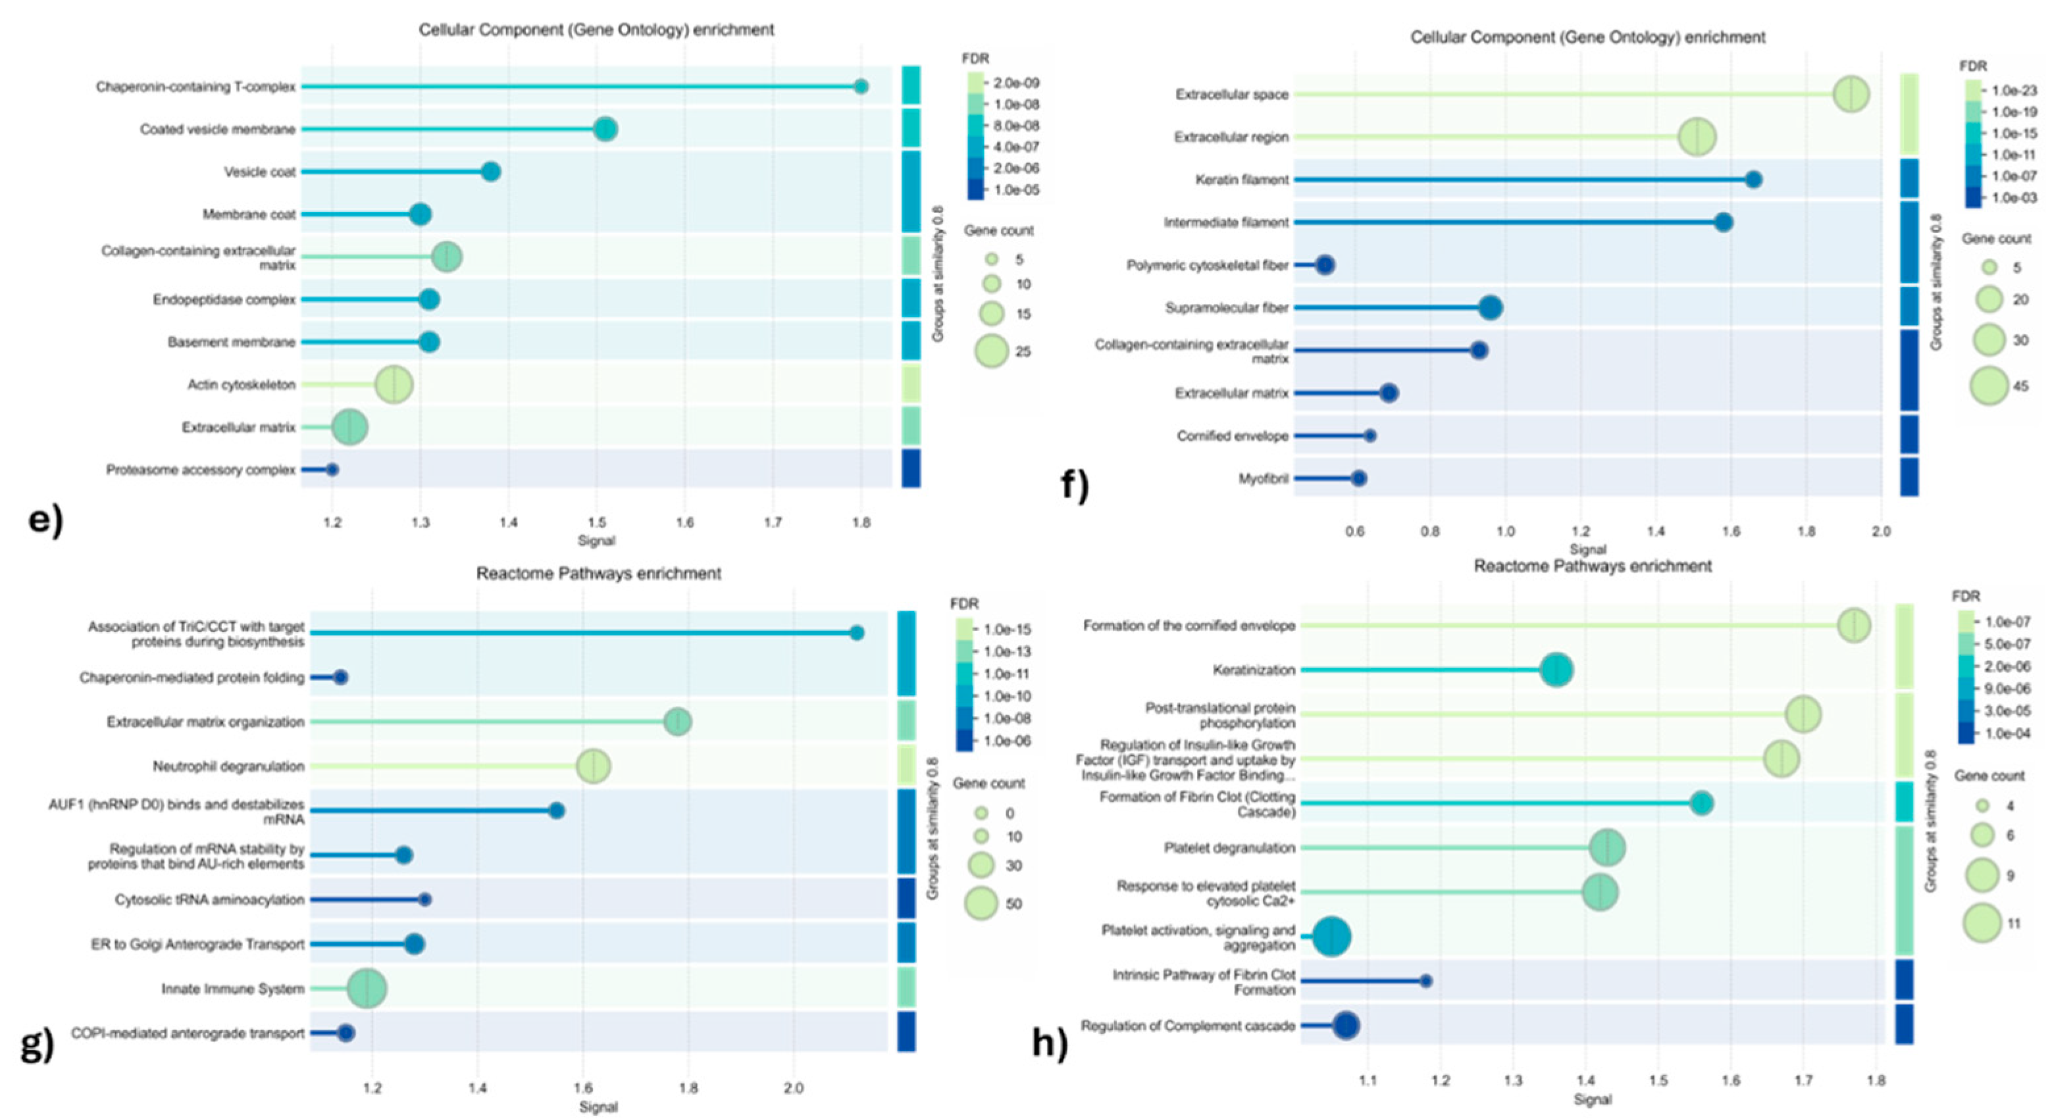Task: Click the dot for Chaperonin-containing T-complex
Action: click(x=860, y=87)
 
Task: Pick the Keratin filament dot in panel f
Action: click(x=1753, y=180)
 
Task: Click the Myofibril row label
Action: click(x=1263, y=479)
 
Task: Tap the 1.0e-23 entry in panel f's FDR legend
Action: click(x=2014, y=91)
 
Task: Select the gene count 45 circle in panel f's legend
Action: click(x=1989, y=387)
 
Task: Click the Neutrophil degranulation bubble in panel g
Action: click(x=594, y=766)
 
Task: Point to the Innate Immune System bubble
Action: click(x=367, y=989)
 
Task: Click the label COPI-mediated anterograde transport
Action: click(x=188, y=1033)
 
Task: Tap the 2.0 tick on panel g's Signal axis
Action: click(x=794, y=1089)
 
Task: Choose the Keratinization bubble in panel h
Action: click(x=1556, y=670)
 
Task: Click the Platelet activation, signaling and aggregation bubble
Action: click(x=1331, y=937)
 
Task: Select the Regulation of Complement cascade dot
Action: click(x=1346, y=1026)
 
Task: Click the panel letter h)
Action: click(x=1049, y=1043)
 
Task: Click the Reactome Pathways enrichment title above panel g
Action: click(x=598, y=574)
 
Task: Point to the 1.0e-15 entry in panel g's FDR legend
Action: click(x=1007, y=630)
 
